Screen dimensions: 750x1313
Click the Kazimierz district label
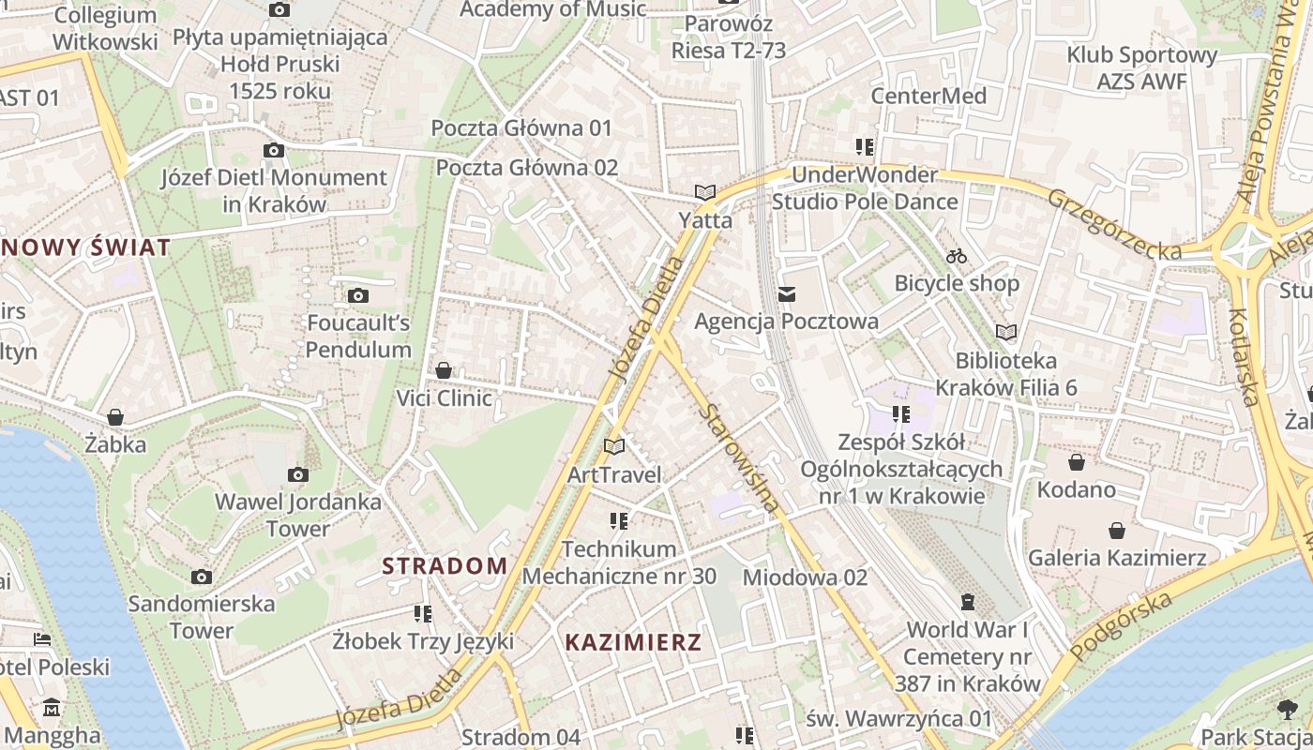pos(633,642)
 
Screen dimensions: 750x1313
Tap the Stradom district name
pos(445,565)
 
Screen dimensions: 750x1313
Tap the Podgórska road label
pos(1122,626)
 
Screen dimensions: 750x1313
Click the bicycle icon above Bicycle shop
pos(957,256)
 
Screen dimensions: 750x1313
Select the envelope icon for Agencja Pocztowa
pos(787,295)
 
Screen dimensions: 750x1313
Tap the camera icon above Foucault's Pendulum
pos(358,296)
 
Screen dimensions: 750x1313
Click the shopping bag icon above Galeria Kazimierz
pos(1117,531)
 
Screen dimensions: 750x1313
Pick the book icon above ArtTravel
pos(614,447)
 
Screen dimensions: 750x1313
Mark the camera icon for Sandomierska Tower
pos(202,577)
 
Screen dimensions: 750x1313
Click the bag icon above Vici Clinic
pos(444,371)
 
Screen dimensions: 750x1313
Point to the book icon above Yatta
pos(705,192)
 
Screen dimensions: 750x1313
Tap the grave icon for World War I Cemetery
pos(968,602)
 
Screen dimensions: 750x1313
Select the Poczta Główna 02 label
pos(527,167)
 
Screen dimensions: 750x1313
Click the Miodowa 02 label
pos(805,577)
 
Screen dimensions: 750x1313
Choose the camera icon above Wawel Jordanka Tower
pos(298,475)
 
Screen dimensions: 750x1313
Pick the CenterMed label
pos(928,96)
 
